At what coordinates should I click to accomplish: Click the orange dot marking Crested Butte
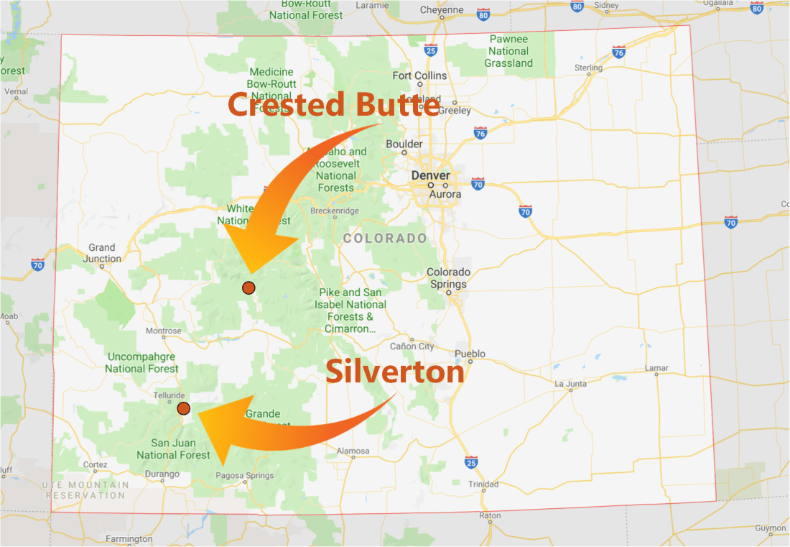[x=248, y=288]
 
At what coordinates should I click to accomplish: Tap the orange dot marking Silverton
[x=184, y=408]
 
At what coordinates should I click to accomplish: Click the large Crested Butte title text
[x=334, y=105]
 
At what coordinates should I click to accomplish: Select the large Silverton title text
[x=395, y=372]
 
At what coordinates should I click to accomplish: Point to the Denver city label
[x=430, y=175]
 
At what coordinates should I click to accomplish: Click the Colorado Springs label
[x=449, y=277]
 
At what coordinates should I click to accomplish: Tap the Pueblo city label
[x=470, y=354]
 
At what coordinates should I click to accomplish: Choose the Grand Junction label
[x=102, y=253]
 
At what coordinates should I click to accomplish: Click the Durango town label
[x=162, y=474]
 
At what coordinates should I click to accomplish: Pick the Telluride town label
[x=170, y=395]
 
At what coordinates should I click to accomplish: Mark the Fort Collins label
[x=419, y=75]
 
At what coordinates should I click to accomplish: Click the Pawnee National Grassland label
[x=508, y=51]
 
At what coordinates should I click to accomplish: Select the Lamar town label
[x=656, y=368]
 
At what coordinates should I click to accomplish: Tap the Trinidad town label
[x=483, y=484]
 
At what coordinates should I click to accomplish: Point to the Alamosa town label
[x=353, y=451]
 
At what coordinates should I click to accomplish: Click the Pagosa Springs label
[x=245, y=476]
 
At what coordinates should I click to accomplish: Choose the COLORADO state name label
[x=385, y=238]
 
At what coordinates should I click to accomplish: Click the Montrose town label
[x=163, y=331]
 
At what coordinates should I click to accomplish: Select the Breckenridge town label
[x=335, y=211]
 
